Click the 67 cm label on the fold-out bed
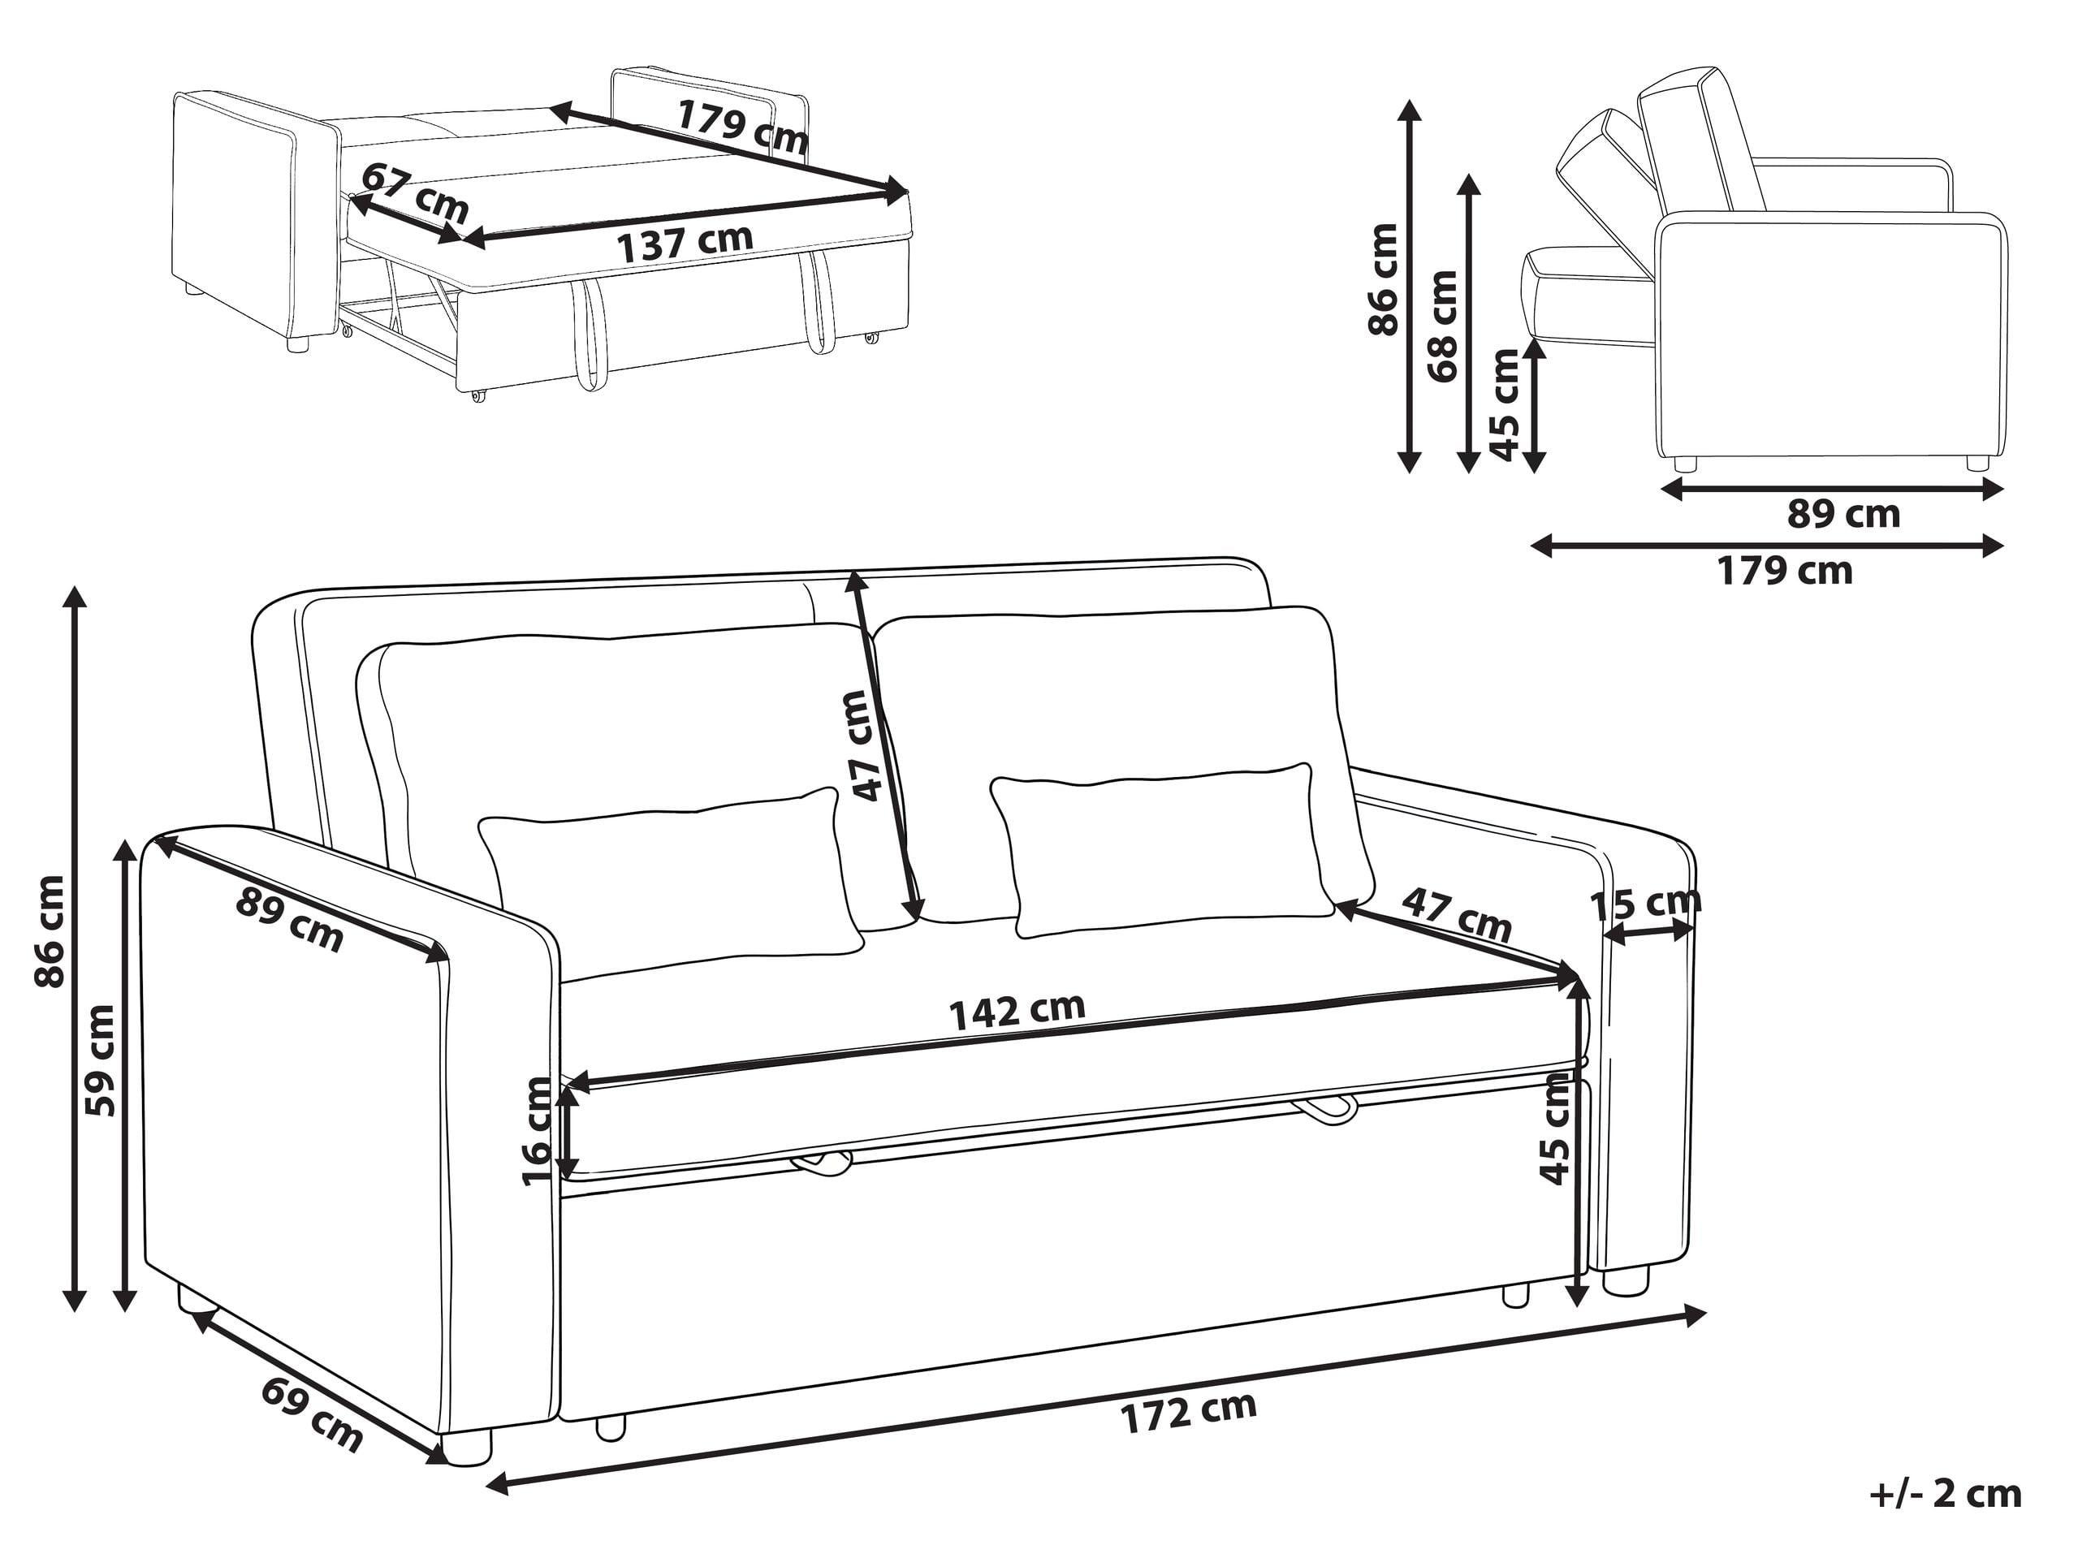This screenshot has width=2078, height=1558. click(x=414, y=192)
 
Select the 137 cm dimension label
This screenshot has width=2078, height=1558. click(x=685, y=244)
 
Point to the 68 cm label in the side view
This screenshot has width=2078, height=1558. click(x=1442, y=325)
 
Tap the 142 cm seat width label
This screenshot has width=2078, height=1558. click(x=1017, y=1011)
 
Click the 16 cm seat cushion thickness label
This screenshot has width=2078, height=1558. click(x=538, y=1132)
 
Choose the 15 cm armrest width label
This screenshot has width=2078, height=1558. click(x=1645, y=904)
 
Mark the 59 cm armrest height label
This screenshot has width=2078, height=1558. click(x=100, y=1060)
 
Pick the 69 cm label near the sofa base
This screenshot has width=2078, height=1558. click(x=312, y=1415)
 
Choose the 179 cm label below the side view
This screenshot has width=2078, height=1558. click(x=1785, y=571)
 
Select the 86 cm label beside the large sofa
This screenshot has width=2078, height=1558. click(x=49, y=930)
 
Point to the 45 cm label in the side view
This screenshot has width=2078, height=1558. click(x=1504, y=405)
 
